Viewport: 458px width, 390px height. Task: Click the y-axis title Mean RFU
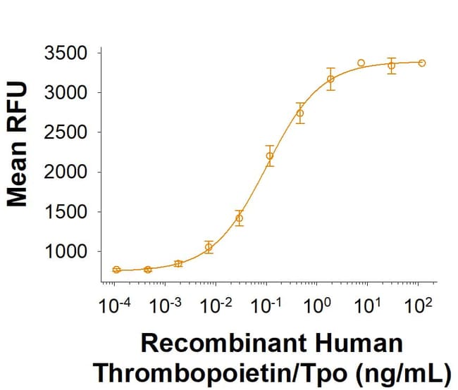tap(18, 144)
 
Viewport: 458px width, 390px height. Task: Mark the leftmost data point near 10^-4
tap(117, 270)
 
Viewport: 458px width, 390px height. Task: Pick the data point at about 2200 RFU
tap(269, 156)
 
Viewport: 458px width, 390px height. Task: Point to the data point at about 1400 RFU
tap(239, 218)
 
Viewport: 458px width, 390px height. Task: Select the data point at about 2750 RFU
tap(300, 113)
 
